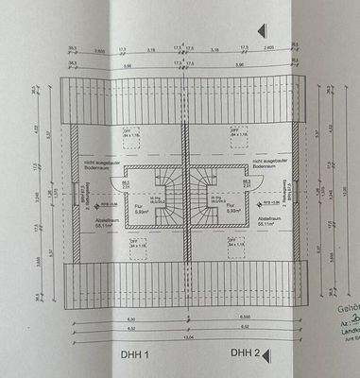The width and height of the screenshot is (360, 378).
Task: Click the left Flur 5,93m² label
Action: (x=137, y=210)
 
